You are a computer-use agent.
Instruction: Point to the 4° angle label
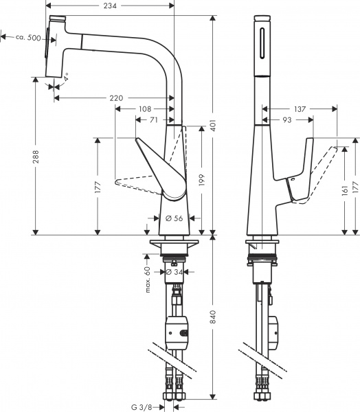(x=67, y=79)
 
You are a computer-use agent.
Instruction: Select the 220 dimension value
(x=116, y=98)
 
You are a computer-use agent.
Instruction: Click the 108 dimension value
(x=145, y=108)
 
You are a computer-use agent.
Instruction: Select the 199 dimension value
(x=201, y=179)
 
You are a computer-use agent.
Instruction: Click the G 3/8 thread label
(x=144, y=405)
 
